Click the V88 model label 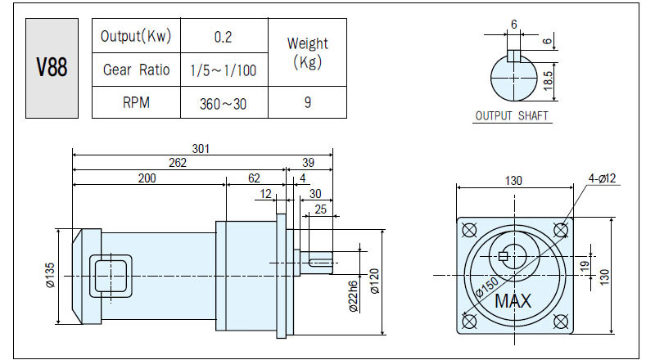tap(52, 67)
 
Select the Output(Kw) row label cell tap(136, 36)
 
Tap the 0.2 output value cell tap(224, 36)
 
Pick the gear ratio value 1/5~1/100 tap(224, 70)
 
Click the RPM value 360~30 tap(223, 104)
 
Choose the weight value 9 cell tap(308, 102)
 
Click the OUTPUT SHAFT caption tap(512, 115)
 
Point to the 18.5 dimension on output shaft tap(548, 81)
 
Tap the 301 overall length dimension tap(201, 149)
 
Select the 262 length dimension tap(178, 163)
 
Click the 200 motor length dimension tap(147, 178)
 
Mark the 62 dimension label tap(254, 178)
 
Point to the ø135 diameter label tap(50, 275)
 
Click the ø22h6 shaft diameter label tap(354, 296)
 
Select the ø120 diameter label tap(375, 281)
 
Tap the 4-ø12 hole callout tap(602, 178)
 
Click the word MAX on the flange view tap(513, 301)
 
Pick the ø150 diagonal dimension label tap(487, 286)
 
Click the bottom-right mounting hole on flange tap(561, 322)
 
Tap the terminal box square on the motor tap(111, 276)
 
